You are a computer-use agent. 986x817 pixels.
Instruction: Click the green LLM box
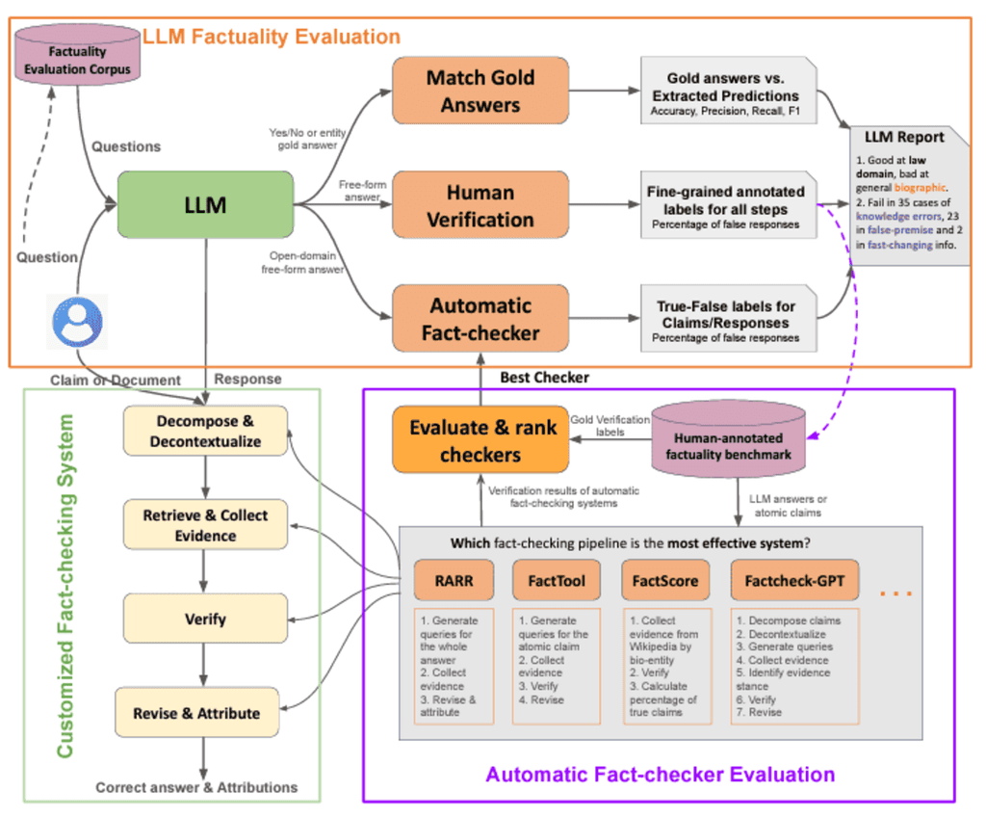[205, 204]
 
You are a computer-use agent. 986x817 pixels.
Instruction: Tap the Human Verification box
[480, 205]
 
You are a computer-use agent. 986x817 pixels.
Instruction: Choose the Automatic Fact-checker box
[480, 320]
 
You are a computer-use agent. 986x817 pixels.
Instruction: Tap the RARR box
[454, 581]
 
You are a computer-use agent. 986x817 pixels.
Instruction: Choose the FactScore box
[663, 581]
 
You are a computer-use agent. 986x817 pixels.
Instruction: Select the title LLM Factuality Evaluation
[272, 38]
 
